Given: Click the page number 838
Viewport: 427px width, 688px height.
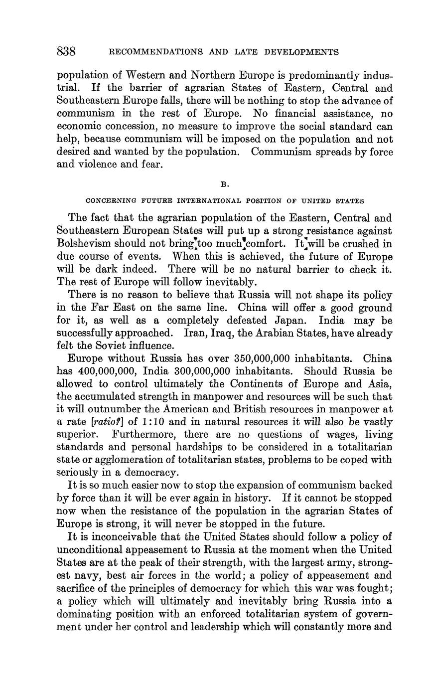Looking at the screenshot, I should (66, 51).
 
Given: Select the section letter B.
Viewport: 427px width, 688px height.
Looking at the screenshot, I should (224, 184).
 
